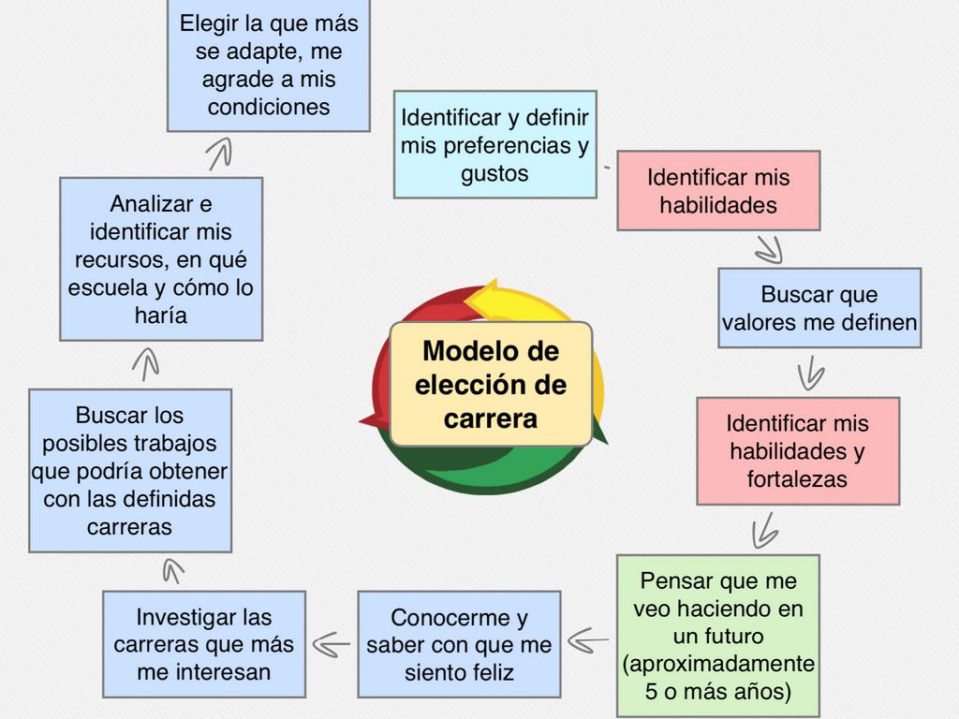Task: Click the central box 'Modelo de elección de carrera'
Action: [x=491, y=384]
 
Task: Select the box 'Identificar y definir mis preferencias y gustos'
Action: [x=494, y=144]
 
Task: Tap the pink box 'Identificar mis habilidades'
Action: [x=718, y=190]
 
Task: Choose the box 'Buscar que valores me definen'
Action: [x=819, y=308]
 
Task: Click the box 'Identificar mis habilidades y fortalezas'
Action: [x=798, y=450]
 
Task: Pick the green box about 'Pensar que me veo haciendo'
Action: [x=717, y=636]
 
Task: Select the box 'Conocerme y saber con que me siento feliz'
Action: [x=459, y=644]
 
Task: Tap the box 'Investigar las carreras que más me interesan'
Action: [x=204, y=644]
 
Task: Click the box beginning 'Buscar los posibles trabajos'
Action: [x=130, y=470]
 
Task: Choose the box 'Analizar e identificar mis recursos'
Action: [x=161, y=258]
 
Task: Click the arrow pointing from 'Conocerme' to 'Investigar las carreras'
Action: [x=332, y=643]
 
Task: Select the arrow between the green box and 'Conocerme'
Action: [x=588, y=641]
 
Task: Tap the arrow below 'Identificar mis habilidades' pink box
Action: [x=769, y=249]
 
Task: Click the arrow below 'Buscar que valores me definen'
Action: [x=810, y=374]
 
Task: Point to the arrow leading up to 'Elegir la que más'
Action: [x=220, y=153]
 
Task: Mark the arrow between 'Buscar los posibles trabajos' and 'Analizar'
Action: [x=145, y=362]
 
